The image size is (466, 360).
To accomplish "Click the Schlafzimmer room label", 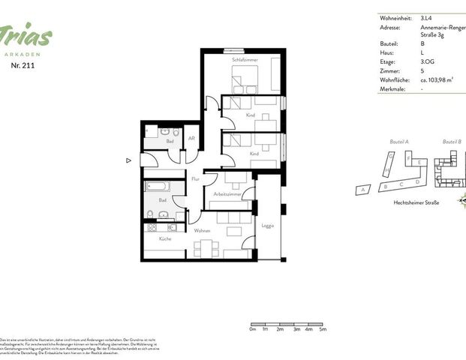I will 245,59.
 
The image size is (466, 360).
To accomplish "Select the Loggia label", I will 267,225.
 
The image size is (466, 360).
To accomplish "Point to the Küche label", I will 164,238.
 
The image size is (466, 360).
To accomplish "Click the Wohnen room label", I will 202,230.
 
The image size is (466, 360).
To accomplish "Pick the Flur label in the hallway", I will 195,178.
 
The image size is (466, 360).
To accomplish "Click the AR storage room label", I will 191,138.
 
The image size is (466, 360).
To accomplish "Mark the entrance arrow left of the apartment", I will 129,160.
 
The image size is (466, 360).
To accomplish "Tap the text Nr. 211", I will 22,65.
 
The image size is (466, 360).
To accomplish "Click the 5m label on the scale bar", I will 323,329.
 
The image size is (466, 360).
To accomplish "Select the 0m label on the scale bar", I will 253,329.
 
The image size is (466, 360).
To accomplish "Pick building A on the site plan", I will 364,190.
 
